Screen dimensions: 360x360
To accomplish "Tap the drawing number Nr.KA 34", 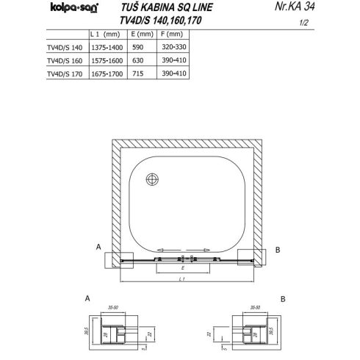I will point(313,10).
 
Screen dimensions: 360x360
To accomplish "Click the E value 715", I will point(139,73).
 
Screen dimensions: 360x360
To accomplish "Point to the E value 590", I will point(139,46).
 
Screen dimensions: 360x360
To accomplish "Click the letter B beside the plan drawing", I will point(276,248).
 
